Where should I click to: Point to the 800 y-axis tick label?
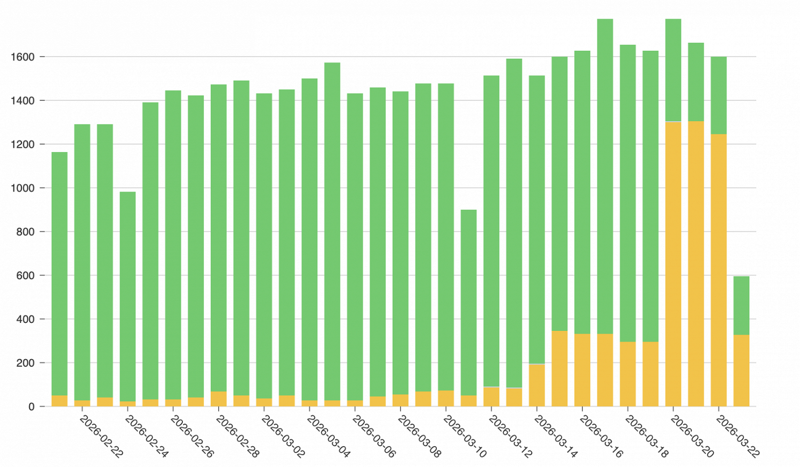click(x=25, y=232)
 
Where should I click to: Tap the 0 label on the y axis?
click(x=31, y=407)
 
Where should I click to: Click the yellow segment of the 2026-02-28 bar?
click(x=218, y=399)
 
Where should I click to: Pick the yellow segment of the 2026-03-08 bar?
click(x=400, y=401)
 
